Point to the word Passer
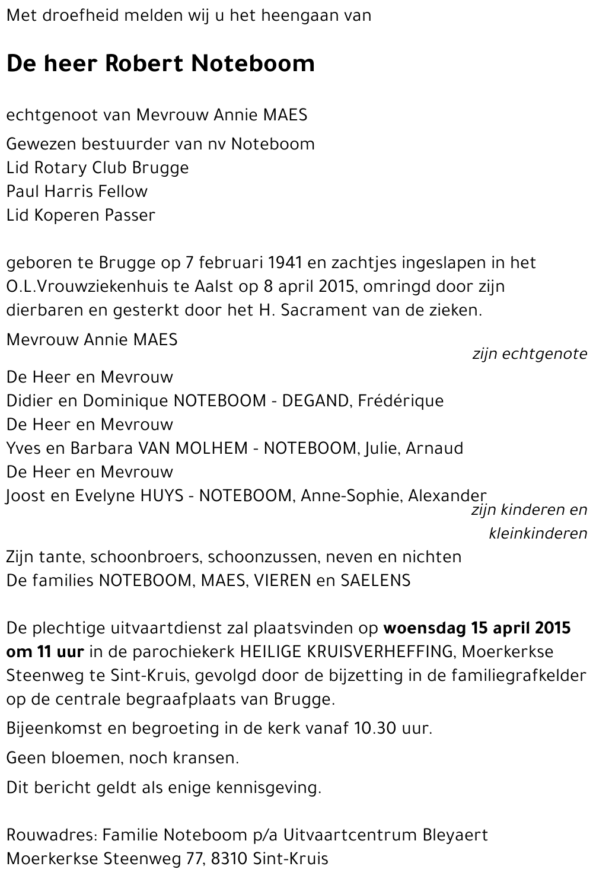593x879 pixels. (x=129, y=215)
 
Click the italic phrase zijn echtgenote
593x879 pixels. (x=529, y=355)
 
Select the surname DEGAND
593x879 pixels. (x=317, y=401)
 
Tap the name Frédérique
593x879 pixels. (x=401, y=401)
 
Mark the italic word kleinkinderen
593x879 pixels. (x=537, y=534)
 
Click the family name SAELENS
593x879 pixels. (x=375, y=581)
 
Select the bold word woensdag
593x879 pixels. (x=425, y=628)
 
